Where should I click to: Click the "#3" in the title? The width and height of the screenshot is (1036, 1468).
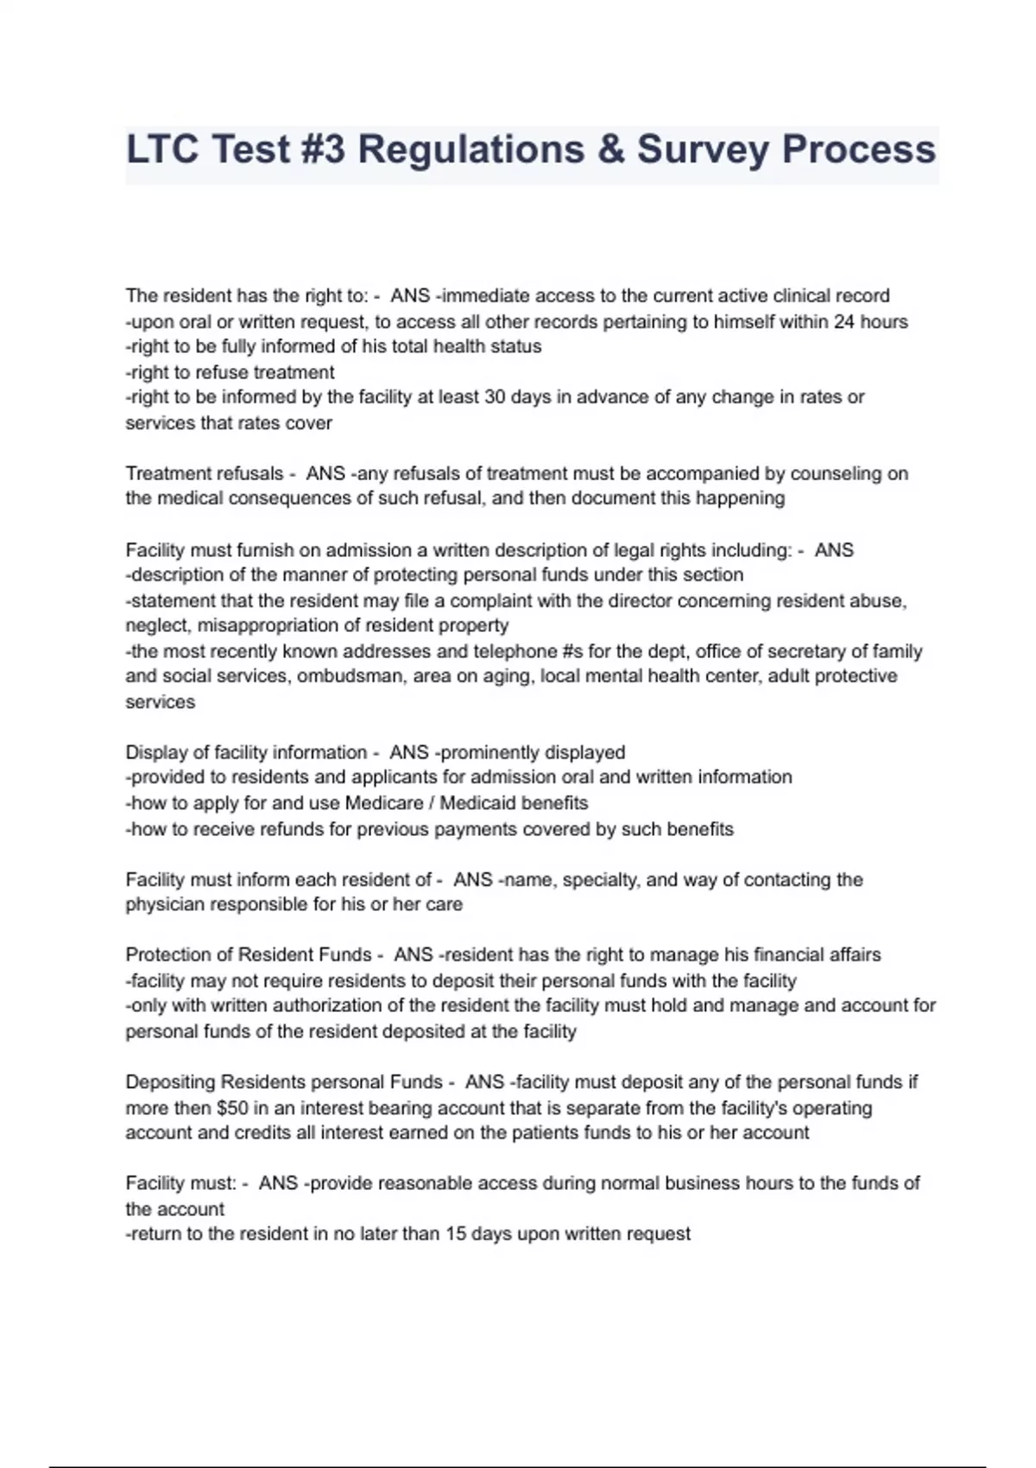[x=323, y=149]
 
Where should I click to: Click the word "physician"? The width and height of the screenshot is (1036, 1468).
[x=164, y=905]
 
